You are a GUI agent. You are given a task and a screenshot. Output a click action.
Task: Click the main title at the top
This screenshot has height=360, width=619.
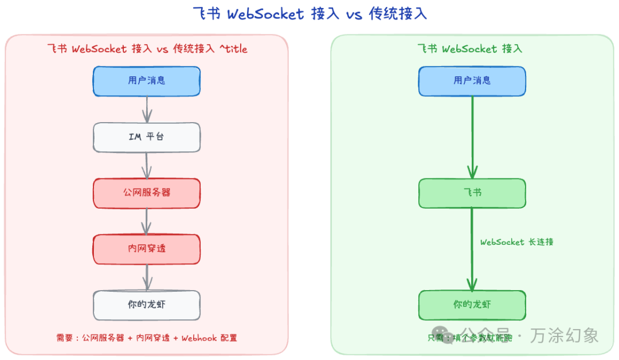point(309,14)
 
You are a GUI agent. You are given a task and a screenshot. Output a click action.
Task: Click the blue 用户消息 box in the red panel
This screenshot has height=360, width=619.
point(147,81)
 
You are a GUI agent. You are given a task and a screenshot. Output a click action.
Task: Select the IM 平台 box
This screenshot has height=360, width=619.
point(147,137)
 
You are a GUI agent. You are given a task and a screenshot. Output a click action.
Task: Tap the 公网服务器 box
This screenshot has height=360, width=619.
point(147,193)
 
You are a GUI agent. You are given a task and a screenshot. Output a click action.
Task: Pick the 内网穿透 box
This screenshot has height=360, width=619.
point(147,249)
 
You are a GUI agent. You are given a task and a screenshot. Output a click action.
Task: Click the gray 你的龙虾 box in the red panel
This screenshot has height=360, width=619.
point(147,305)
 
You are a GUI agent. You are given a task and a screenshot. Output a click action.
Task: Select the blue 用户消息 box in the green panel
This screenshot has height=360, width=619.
point(472,81)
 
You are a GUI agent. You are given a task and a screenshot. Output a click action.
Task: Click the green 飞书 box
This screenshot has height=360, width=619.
point(472,193)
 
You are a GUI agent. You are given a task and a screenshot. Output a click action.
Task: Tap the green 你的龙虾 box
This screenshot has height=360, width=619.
point(472,305)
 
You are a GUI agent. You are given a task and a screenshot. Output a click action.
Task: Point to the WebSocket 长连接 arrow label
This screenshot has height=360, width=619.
point(516,242)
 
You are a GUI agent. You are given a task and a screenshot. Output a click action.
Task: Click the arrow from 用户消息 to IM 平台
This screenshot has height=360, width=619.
point(147,109)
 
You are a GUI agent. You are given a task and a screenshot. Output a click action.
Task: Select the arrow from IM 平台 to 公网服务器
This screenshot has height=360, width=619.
point(147,165)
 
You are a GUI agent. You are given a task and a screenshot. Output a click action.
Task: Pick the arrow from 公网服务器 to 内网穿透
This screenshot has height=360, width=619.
point(147,221)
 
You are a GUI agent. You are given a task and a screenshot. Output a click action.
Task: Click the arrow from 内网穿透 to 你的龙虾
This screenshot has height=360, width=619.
point(147,277)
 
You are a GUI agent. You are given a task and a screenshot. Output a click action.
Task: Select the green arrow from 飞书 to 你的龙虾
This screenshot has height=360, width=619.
point(472,249)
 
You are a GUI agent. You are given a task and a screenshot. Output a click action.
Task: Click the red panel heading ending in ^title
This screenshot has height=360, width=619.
point(147,49)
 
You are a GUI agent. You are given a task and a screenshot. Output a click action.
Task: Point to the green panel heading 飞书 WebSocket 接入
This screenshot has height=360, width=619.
point(469,49)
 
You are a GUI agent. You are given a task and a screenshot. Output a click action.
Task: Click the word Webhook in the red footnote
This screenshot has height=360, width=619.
point(199,338)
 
